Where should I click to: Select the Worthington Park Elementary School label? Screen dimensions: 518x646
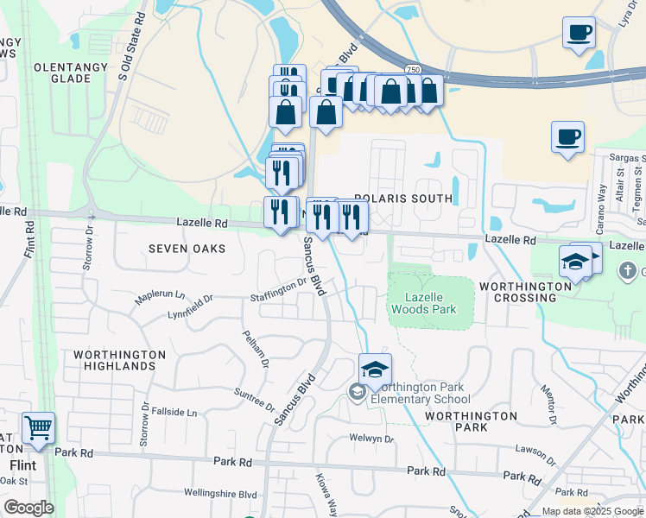pyautogui.click(x=420, y=393)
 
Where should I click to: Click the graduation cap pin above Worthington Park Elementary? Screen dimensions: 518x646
pyautogui.click(x=375, y=370)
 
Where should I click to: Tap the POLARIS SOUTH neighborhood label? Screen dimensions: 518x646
pyautogui.click(x=403, y=199)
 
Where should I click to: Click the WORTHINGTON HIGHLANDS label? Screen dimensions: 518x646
pyautogui.click(x=119, y=360)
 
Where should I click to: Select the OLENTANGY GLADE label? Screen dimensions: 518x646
pyautogui.click(x=62, y=73)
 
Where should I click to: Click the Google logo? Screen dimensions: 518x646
pyautogui.click(x=28, y=508)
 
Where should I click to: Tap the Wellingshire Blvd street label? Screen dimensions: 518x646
pyautogui.click(x=221, y=494)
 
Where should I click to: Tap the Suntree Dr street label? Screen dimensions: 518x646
pyautogui.click(x=253, y=399)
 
